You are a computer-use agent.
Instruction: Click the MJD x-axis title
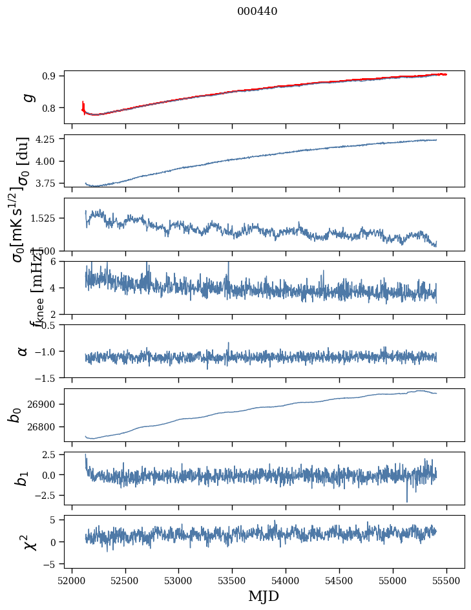pos(264,596)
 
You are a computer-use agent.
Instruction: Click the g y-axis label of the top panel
pos(27,97)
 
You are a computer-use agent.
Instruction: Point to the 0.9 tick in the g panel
pos(52,76)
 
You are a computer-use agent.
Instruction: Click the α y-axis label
pos(23,351)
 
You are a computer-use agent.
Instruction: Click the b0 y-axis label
pos(14,414)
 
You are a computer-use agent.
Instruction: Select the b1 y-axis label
pos(22,478)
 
